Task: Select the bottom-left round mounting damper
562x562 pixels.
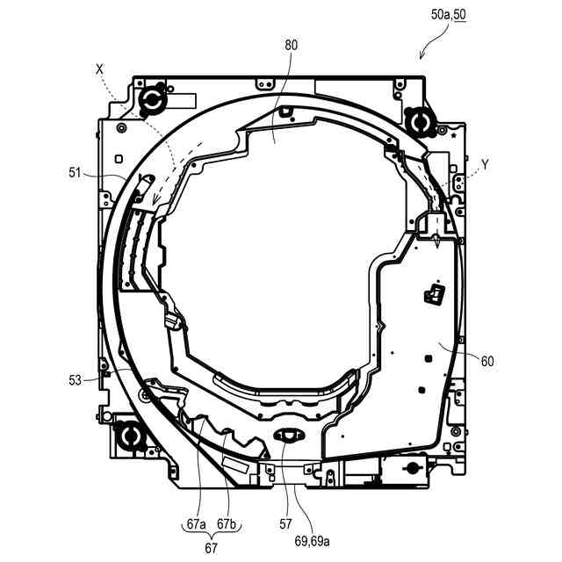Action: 130,434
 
